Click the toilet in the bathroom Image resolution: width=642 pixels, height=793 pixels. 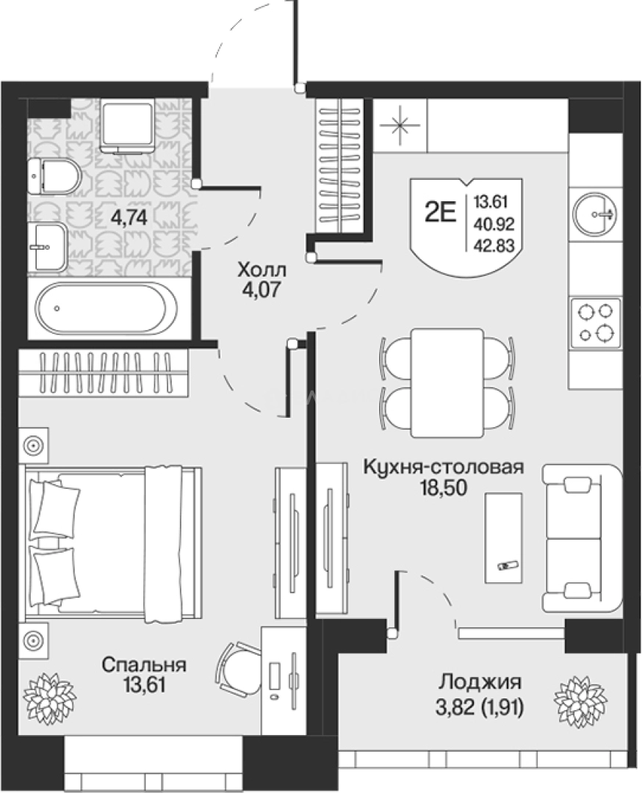tap(54, 176)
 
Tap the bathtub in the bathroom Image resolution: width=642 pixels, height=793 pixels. tap(107, 308)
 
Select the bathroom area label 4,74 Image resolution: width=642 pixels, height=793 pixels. tap(129, 217)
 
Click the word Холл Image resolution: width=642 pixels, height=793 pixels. tap(262, 270)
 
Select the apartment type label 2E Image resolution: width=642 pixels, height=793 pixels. tap(440, 214)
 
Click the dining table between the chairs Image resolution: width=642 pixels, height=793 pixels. tap(447, 383)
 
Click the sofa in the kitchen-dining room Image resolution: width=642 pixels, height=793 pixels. tap(582, 538)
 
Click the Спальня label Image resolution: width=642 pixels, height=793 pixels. tap(144, 665)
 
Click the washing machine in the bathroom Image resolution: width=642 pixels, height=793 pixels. tap(128, 126)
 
